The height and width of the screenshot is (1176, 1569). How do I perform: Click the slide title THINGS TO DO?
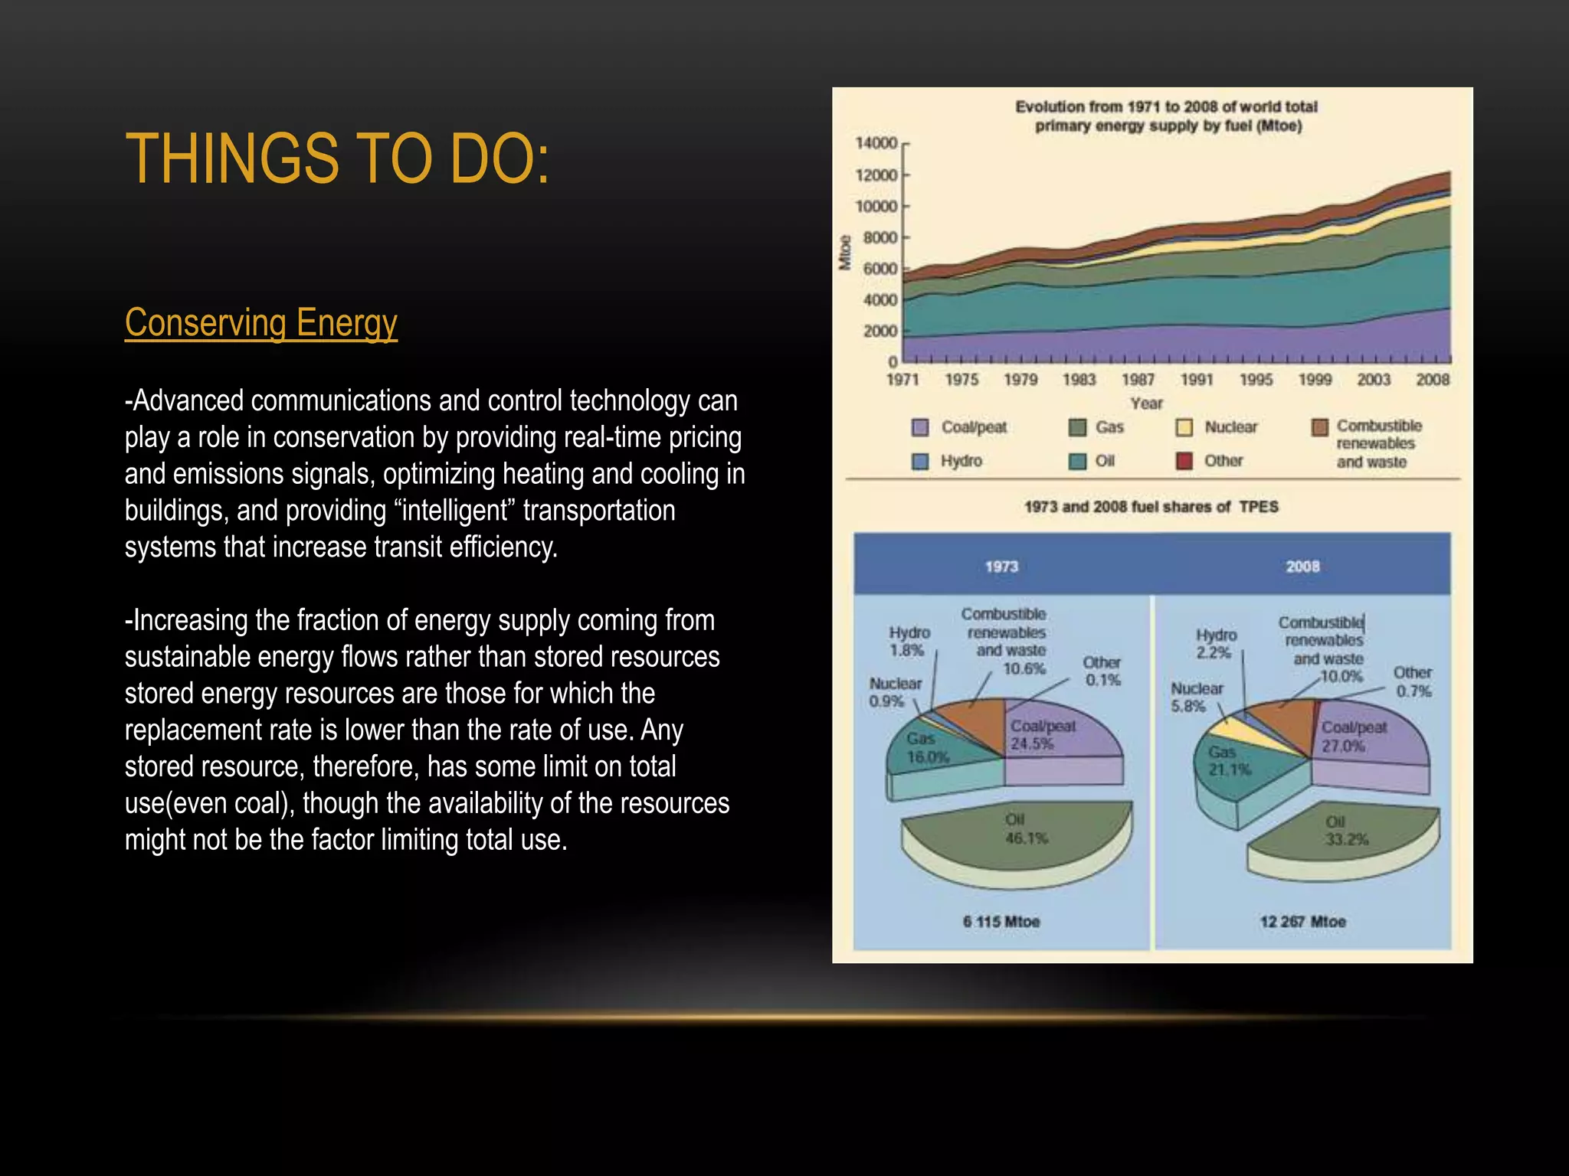pyautogui.click(x=337, y=158)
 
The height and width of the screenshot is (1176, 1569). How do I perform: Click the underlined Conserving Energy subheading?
pyautogui.click(x=260, y=322)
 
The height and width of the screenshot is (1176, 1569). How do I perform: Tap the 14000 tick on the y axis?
pyautogui.click(x=876, y=143)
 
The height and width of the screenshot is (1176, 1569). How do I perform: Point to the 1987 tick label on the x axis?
pyautogui.click(x=1138, y=380)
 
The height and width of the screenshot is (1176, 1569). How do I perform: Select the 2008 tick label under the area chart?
pyautogui.click(x=1432, y=380)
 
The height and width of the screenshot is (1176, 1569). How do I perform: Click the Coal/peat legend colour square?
pyautogui.click(x=921, y=427)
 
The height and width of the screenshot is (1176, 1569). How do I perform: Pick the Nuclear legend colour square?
pyautogui.click(x=1184, y=427)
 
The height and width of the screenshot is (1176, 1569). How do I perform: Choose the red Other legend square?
pyautogui.click(x=1184, y=461)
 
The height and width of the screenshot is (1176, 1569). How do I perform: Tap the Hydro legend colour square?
pyautogui.click(x=921, y=461)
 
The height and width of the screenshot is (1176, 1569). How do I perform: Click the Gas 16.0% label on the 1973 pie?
pyautogui.click(x=927, y=748)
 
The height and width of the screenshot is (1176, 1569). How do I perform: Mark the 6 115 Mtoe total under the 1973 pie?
pyautogui.click(x=1001, y=922)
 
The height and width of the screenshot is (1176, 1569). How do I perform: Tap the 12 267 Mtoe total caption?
pyautogui.click(x=1302, y=922)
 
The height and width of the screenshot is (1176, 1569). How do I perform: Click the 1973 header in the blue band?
pyautogui.click(x=1001, y=567)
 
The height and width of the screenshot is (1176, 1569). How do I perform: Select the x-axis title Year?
pyautogui.click(x=1146, y=403)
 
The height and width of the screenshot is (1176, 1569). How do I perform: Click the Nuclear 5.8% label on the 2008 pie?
pyautogui.click(x=1196, y=697)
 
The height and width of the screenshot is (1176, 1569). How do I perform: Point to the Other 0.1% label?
pyautogui.click(x=1102, y=671)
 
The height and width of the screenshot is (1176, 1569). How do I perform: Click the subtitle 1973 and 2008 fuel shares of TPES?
pyautogui.click(x=1151, y=507)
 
